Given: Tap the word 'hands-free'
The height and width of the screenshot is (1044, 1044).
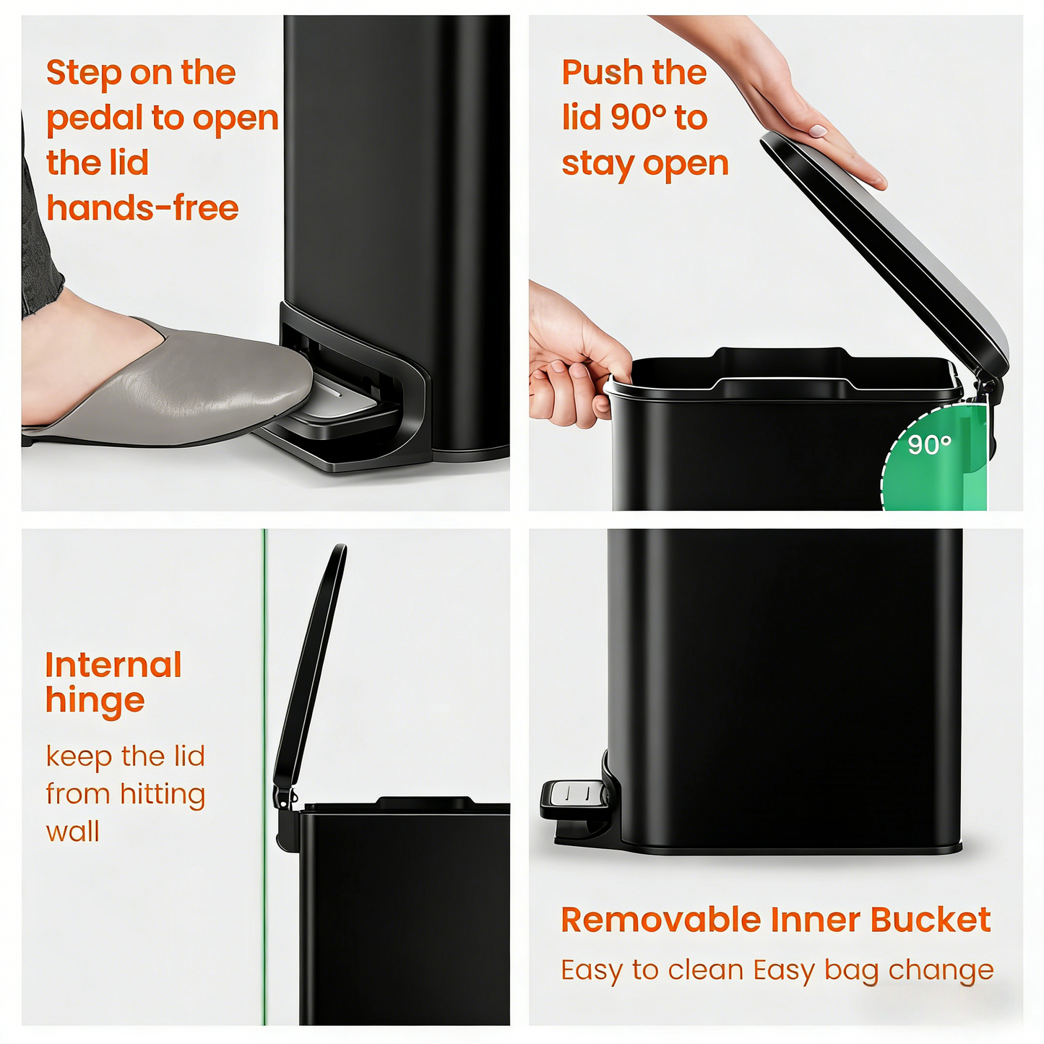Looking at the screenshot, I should coord(142,209).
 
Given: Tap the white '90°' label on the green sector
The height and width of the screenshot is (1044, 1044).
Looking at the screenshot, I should coord(929,445).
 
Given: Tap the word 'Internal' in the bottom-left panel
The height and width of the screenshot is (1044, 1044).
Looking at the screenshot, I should coord(113,665).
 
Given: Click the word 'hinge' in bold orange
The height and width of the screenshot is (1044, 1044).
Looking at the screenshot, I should coord(95,701).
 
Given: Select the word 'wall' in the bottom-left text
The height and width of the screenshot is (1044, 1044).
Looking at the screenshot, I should coord(72,832).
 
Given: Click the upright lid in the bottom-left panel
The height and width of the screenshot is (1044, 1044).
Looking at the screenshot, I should coord(311,665).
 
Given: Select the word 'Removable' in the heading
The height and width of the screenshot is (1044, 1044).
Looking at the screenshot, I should coord(660,920).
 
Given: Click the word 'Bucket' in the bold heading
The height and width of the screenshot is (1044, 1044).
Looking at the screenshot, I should coord(930,920).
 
